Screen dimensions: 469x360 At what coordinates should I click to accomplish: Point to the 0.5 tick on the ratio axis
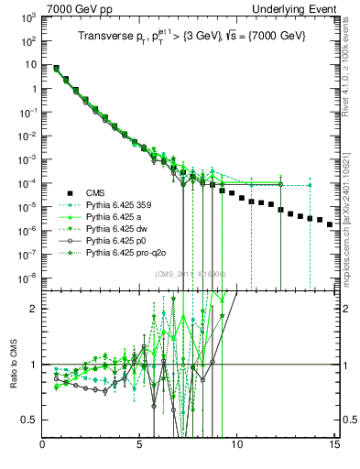[32, 420]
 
